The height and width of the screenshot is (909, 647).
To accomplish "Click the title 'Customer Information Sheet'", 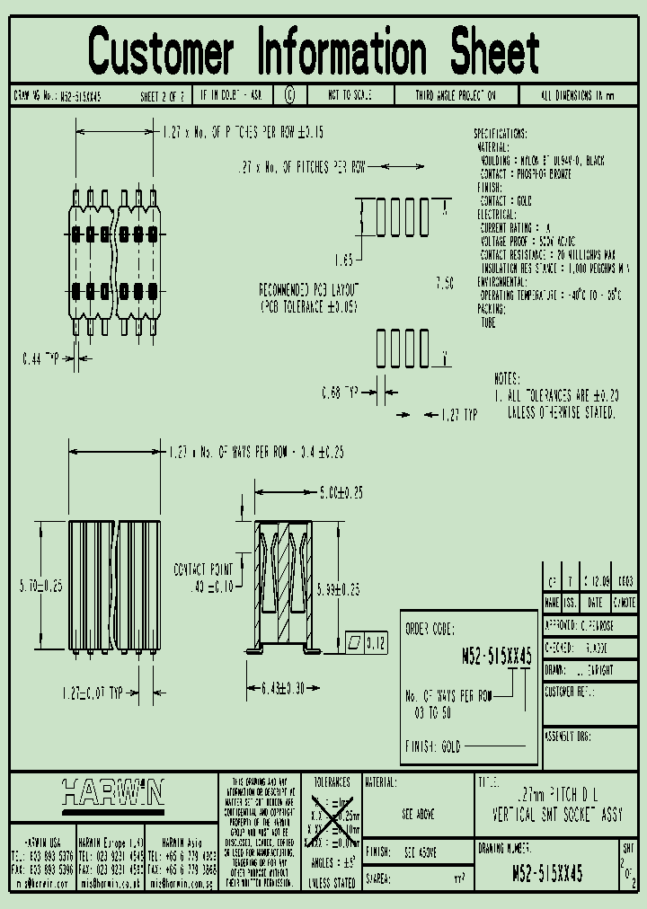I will click(315, 51).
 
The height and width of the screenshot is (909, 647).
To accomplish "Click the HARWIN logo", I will click(113, 792).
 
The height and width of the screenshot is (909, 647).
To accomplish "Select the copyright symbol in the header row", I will click(289, 94).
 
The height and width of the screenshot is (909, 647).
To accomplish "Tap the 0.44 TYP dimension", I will click(40, 358).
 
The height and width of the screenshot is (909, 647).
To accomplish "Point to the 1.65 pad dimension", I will click(342, 260).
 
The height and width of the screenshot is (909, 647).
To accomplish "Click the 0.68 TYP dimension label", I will click(340, 393).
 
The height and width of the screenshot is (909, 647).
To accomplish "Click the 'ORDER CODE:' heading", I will click(430, 629).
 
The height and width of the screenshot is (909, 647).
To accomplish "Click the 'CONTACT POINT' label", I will click(202, 569).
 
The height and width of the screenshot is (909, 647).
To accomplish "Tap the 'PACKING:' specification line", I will click(492, 307).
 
